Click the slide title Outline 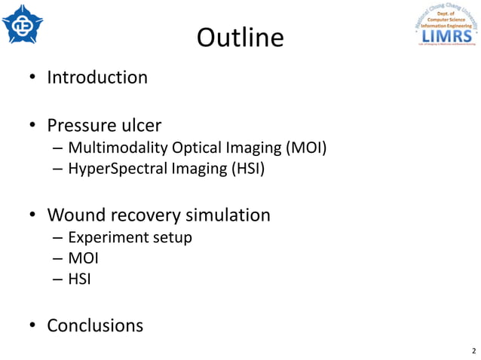click(x=240, y=37)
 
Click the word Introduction click(x=97, y=77)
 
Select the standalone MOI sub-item click(x=83, y=259)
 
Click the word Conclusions click(x=95, y=325)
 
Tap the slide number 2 click(x=473, y=351)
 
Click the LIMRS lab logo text click(x=447, y=35)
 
